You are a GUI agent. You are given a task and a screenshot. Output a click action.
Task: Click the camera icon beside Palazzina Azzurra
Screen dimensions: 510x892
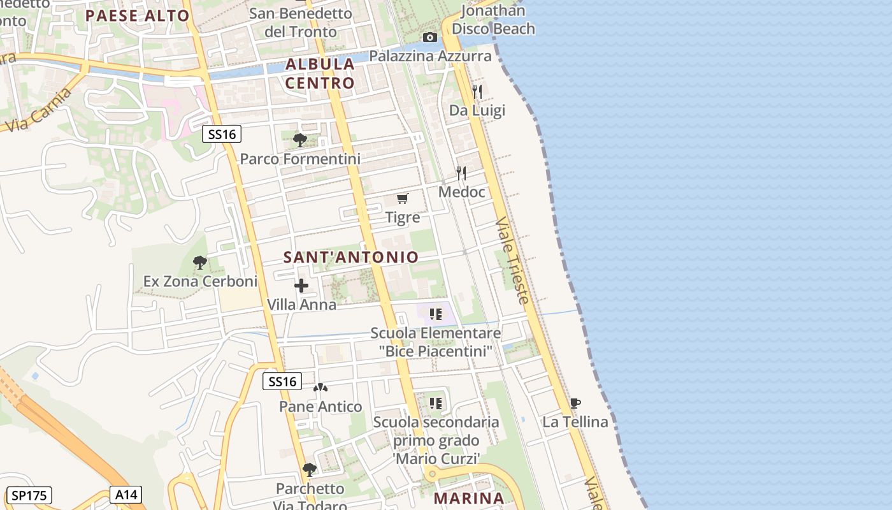coord(430,38)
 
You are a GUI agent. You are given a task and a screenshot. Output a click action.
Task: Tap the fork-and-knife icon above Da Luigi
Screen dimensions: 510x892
coord(477,91)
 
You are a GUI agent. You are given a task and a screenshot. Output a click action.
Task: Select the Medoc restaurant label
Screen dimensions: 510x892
coord(462,192)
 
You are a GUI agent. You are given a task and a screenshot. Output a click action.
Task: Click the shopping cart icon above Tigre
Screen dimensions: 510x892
coord(402,199)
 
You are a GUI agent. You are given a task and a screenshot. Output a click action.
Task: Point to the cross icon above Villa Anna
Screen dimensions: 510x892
coord(301,286)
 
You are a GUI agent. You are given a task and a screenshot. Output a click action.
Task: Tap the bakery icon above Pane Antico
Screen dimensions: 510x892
coord(320,388)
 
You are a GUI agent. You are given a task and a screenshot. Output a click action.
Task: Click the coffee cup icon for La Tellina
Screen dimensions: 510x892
coord(575,403)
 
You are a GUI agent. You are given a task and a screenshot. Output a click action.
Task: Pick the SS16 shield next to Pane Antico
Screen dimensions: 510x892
coord(282,382)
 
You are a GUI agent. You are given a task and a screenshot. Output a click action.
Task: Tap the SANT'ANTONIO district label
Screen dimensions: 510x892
coord(351,258)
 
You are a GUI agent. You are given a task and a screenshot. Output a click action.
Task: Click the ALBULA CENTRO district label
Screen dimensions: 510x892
coord(320,73)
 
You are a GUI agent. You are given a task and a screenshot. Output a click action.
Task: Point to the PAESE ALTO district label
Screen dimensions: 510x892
coord(138,16)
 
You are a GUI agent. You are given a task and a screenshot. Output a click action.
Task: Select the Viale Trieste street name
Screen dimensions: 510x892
coord(512,260)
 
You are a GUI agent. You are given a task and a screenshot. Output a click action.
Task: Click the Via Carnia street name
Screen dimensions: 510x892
coord(38,108)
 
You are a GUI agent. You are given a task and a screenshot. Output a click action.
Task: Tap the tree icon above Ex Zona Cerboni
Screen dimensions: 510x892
coord(200,262)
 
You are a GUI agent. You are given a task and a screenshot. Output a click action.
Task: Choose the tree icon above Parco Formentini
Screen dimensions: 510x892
coord(299,140)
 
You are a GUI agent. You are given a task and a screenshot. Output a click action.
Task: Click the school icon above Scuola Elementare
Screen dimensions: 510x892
coord(436,314)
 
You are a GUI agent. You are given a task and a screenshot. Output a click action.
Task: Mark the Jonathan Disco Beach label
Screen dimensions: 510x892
coord(493,20)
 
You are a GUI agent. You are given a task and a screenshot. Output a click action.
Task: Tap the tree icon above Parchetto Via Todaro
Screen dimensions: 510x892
coord(310,470)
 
